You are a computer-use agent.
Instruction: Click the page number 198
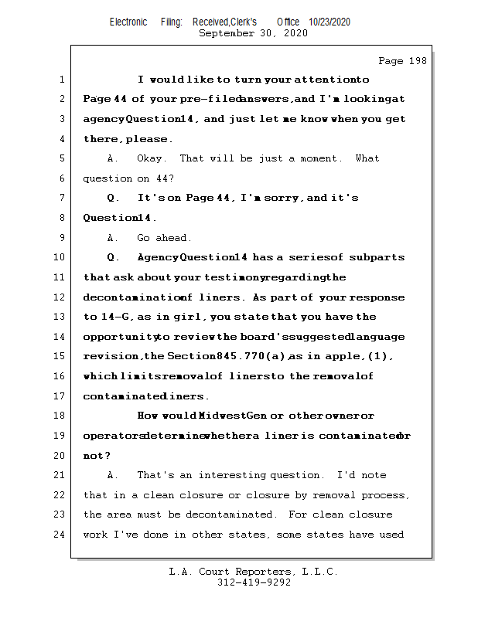[402, 61]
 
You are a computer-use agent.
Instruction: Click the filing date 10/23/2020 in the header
[329, 22]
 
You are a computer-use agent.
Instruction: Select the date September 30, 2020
[253, 33]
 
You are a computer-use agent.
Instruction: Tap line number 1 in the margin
[61, 80]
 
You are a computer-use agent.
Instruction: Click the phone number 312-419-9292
[254, 582]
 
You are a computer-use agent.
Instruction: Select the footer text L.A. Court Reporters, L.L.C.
[253, 572]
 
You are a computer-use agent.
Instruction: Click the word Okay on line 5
[150, 158]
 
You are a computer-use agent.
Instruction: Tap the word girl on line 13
[190, 317]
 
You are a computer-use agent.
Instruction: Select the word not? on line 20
[97, 455]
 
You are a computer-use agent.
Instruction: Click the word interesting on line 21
[232, 475]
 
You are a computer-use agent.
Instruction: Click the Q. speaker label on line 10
[114, 257]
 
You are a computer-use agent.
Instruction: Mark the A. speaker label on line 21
[114, 475]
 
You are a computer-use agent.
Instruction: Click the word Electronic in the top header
[128, 22]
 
